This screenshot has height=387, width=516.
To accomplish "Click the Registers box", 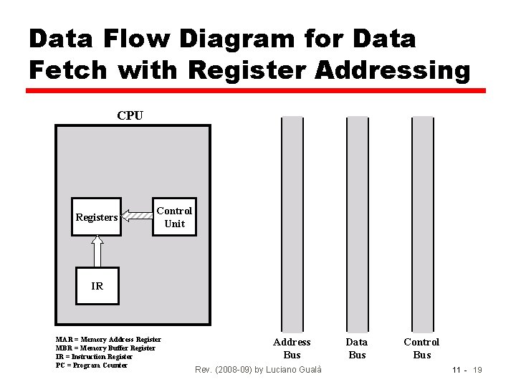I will coord(96,217).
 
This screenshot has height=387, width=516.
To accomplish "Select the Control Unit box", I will coord(174,217).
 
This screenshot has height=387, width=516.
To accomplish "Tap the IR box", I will coord(97,286).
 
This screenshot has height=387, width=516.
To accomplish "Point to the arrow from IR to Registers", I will coord(97,251).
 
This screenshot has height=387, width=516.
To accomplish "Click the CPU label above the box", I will coord(130,115).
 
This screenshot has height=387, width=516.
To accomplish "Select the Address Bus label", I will coord(292,348).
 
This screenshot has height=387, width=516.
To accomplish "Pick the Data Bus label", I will coord(356,348).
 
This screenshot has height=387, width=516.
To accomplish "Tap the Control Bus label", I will coord(421,348).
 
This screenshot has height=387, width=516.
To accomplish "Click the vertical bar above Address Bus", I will coord(292,221).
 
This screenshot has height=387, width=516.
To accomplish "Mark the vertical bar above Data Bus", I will coord(358,221).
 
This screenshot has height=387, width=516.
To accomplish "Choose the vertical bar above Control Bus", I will coord(423,221).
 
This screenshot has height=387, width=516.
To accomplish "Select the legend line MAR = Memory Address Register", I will coord(108,339).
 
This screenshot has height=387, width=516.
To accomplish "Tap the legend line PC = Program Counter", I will coord(91,365).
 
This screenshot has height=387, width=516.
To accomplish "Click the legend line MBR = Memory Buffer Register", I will coord(105,348).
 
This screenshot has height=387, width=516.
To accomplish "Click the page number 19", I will coord(477,370).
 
